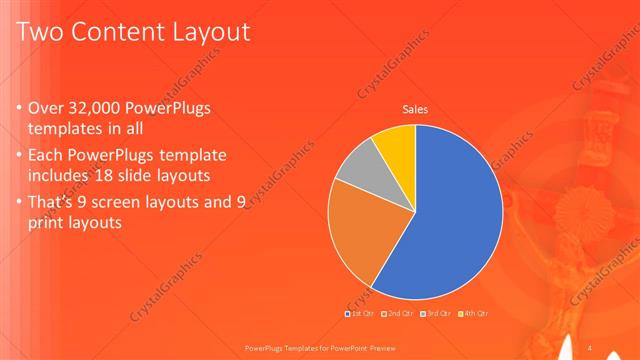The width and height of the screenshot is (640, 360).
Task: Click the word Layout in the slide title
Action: click(x=209, y=33)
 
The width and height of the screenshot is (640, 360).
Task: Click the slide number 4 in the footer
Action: click(x=590, y=346)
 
